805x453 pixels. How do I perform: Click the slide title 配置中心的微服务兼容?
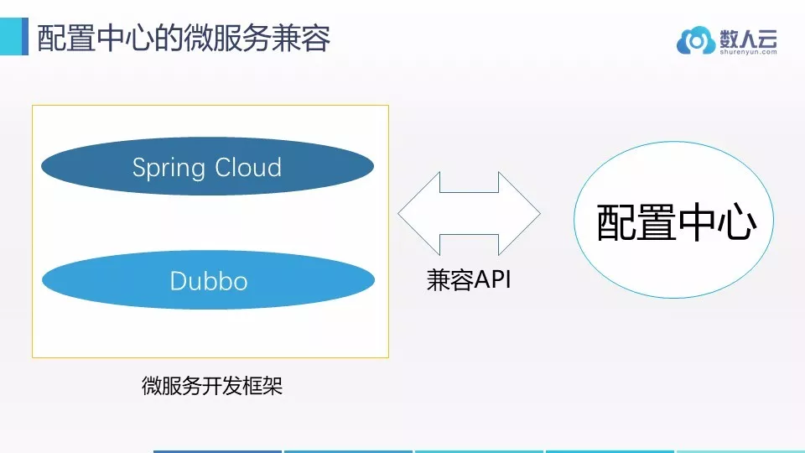pos(184,38)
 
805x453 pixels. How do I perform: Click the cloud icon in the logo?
pos(696,40)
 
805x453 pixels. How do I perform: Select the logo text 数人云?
pos(748,38)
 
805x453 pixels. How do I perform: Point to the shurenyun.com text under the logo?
pos(748,52)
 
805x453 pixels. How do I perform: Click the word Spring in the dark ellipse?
pos(169,168)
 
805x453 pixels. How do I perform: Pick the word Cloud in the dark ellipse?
pos(248,167)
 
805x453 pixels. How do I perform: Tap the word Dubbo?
pos(209,281)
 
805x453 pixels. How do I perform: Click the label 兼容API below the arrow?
pos(469,280)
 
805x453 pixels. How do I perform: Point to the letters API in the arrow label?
pos(493,280)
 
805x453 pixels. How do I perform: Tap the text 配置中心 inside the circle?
pos(676,222)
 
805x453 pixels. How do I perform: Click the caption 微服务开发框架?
pos(212,386)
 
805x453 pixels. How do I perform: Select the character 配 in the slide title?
pos(52,38)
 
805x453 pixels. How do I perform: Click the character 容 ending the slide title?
pos(316,38)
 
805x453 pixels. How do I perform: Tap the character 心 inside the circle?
pos(738,223)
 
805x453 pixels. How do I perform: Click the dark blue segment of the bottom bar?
pos(218,451)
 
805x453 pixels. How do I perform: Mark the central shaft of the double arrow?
pos(470,213)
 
